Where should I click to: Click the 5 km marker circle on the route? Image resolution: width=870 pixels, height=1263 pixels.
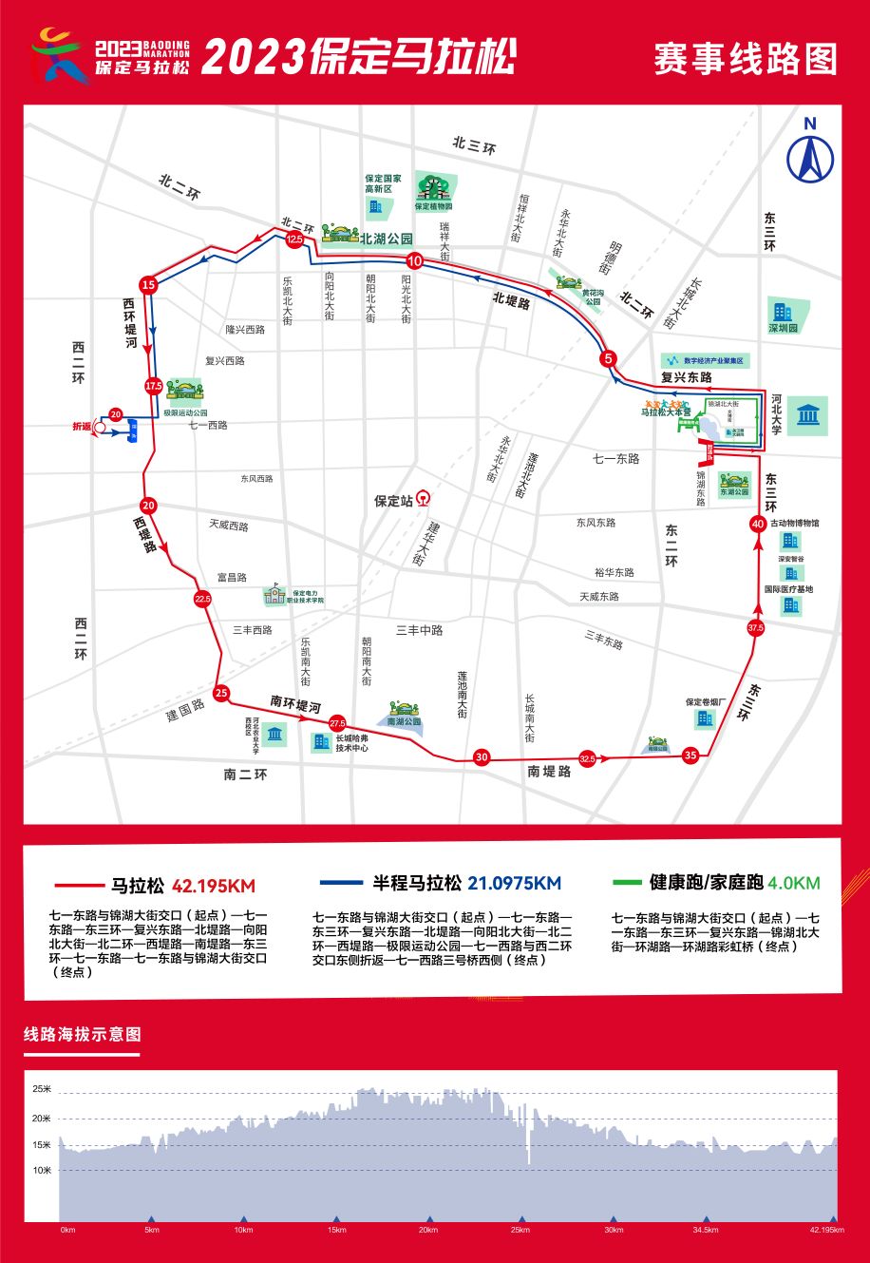pyautogui.click(x=609, y=358)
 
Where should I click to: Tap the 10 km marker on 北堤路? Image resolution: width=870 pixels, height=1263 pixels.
pyautogui.click(x=414, y=260)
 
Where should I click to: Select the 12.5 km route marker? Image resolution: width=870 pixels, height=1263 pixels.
pyautogui.click(x=293, y=240)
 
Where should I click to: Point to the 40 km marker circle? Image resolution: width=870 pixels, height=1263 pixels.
pyautogui.click(x=758, y=524)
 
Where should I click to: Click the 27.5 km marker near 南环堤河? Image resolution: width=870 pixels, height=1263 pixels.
pyautogui.click(x=337, y=724)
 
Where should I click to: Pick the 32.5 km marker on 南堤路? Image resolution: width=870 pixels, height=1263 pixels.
pyautogui.click(x=587, y=758)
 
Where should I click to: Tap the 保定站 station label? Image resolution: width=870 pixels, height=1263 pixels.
pyautogui.click(x=394, y=501)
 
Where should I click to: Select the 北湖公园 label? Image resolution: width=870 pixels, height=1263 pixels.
pyautogui.click(x=387, y=239)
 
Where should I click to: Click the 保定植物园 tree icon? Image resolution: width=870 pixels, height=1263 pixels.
pyautogui.click(x=434, y=185)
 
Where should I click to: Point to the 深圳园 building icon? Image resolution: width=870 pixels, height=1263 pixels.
pyautogui.click(x=784, y=312)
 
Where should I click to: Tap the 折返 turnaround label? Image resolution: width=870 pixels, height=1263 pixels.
pyautogui.click(x=82, y=427)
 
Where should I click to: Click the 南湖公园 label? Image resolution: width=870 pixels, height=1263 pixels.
pyautogui.click(x=404, y=721)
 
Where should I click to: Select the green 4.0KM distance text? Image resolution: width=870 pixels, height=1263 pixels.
pyautogui.click(x=794, y=883)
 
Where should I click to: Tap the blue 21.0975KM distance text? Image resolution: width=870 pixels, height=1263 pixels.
pyautogui.click(x=514, y=884)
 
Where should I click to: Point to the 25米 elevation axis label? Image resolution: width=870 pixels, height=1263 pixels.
pyautogui.click(x=42, y=1089)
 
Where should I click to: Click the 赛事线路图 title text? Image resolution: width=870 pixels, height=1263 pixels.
pyautogui.click(x=745, y=59)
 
